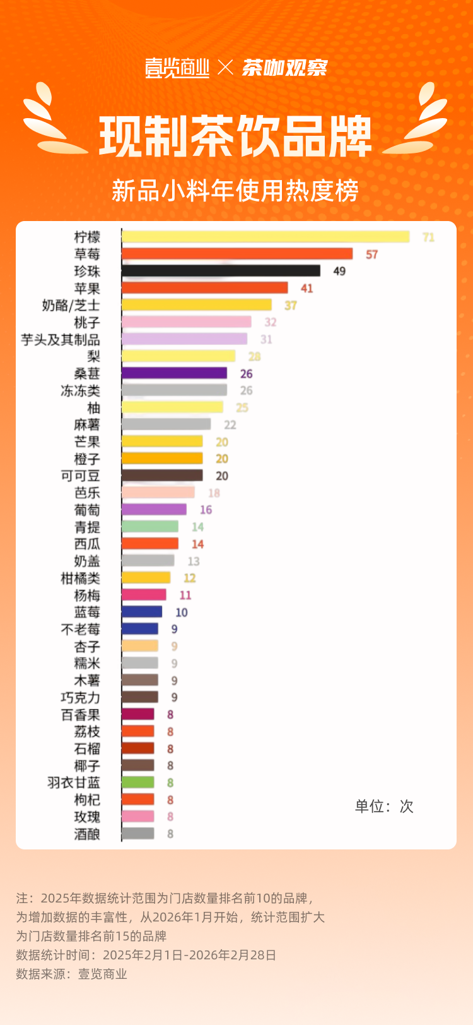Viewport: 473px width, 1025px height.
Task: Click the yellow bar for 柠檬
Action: tap(265, 237)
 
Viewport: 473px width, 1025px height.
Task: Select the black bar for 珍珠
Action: tap(221, 271)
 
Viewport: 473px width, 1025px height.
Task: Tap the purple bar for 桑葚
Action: tap(174, 373)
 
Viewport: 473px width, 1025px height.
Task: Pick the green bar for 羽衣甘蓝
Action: tap(138, 782)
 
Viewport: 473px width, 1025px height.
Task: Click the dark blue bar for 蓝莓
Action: tap(142, 612)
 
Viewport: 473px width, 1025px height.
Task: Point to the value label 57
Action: tap(371, 255)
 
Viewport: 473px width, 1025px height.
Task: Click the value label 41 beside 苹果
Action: tap(307, 289)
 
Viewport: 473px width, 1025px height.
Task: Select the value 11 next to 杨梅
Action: tap(185, 596)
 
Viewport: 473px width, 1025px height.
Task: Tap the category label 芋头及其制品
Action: tap(61, 340)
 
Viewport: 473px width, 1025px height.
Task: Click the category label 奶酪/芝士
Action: tap(71, 306)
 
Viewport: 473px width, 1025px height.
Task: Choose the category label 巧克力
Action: tap(80, 698)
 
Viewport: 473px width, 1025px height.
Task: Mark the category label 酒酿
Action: tap(87, 834)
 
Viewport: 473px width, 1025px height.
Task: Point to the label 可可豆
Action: tap(80, 476)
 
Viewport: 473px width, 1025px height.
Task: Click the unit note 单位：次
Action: tap(383, 806)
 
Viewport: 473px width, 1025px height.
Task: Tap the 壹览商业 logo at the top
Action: tap(177, 68)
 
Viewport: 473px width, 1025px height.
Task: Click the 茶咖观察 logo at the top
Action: tap(284, 68)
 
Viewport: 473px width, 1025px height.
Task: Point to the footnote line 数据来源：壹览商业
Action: tap(72, 974)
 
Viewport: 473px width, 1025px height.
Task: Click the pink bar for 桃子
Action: tap(186, 322)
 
